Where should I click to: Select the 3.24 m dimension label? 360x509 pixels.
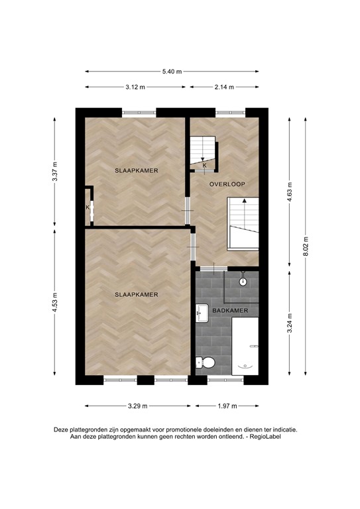[289, 325]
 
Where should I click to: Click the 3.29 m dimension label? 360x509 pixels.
[137, 406]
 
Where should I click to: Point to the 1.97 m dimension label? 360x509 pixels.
[228, 406]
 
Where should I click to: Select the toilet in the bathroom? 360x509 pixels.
[205, 363]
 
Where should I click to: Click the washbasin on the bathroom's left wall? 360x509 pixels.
[202, 311]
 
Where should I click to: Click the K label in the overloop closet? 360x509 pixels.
[204, 166]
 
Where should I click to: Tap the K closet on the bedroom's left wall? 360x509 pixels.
[88, 207]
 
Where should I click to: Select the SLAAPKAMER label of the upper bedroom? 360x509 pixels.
[135, 170]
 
